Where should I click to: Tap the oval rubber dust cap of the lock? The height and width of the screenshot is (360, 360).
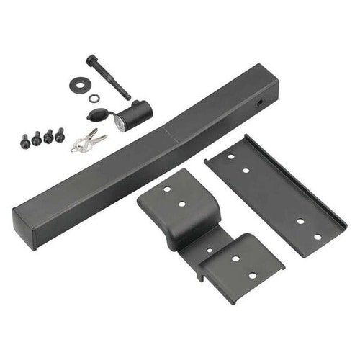click(x=99, y=116)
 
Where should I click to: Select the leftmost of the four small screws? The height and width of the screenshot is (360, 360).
click(x=25, y=141)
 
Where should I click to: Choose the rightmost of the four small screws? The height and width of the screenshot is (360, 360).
click(x=59, y=135)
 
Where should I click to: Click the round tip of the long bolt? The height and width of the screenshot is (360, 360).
click(x=128, y=96)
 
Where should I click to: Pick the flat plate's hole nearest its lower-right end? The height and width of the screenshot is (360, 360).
click(x=318, y=236)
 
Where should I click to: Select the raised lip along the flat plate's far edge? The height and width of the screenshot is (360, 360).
click(x=295, y=180)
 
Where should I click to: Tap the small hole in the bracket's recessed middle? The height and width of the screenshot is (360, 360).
click(x=209, y=250)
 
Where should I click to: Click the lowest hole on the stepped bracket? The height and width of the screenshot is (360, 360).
click(x=252, y=274)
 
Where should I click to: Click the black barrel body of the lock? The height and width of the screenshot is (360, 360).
click(x=137, y=112)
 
